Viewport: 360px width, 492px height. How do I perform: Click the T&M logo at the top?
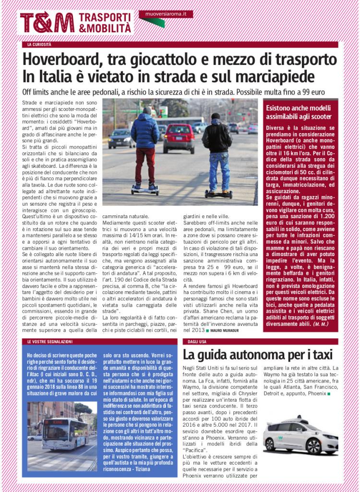pyautogui.click(x=47, y=22)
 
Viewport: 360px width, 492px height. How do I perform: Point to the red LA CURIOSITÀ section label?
pyautogui.click(x=39, y=45)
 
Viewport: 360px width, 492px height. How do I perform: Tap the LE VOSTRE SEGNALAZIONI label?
pyautogui.click(x=50, y=341)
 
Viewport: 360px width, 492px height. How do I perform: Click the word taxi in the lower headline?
pyautogui.click(x=318, y=355)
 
